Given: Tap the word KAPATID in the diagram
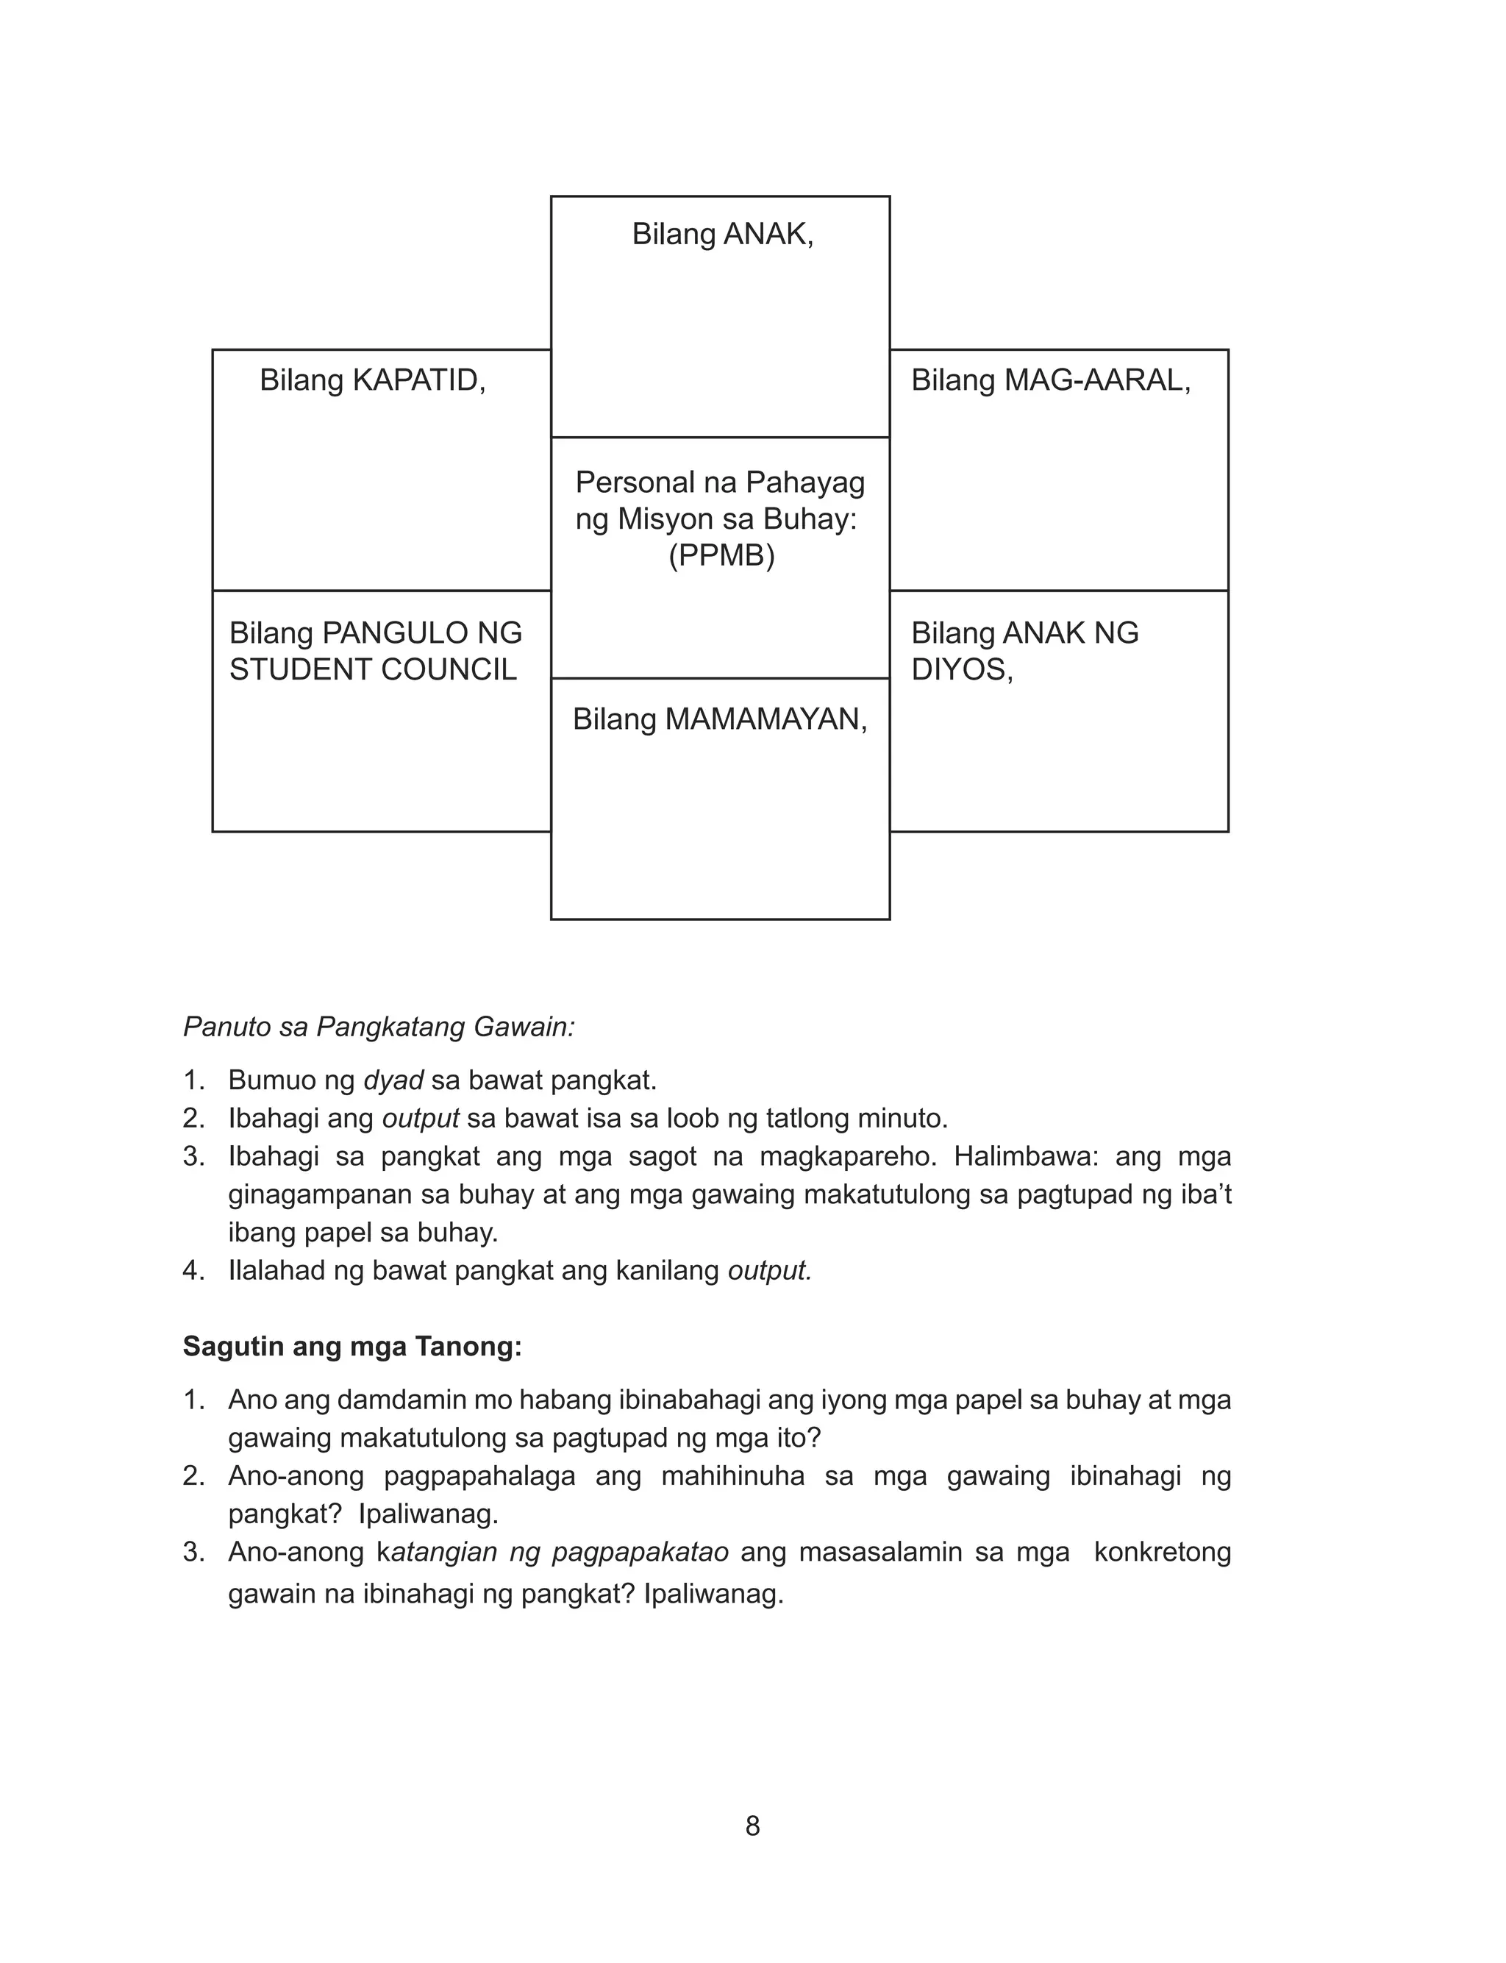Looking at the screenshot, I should (x=418, y=380).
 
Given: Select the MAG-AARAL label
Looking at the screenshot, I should (x=1097, y=380).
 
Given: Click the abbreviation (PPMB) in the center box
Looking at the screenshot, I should (x=721, y=556).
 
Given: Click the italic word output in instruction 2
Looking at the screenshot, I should (x=421, y=1119).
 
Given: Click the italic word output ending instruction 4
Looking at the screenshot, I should (x=768, y=1271).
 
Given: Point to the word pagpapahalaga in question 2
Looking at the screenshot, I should (x=479, y=1476).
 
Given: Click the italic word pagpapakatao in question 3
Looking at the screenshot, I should (x=639, y=1553).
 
